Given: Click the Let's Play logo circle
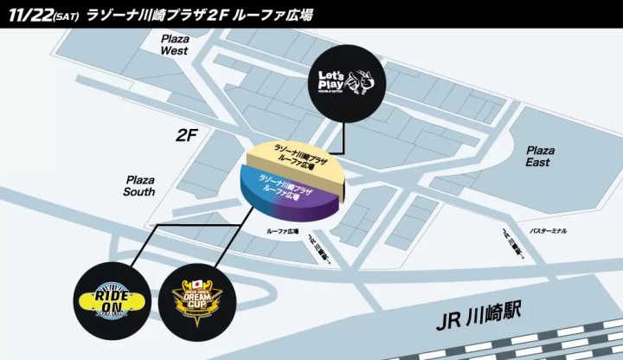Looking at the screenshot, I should coord(345,83).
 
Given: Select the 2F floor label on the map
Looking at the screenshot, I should coord(187,135).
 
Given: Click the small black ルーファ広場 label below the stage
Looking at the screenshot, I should coord(281,232).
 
